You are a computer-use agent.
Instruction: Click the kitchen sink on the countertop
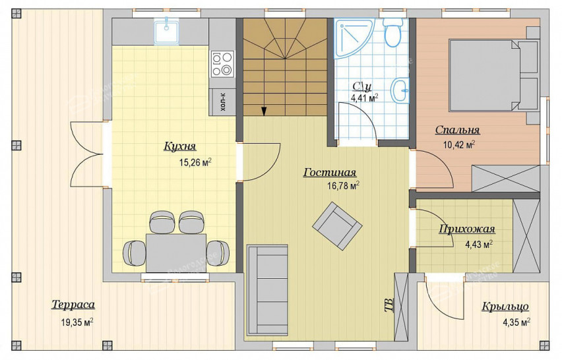pyautogui.click(x=167, y=32)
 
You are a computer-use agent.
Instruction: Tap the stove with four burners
pyautogui.click(x=222, y=64)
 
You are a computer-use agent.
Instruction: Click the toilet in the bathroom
pyautogui.click(x=393, y=32)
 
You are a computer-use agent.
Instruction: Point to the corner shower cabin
pyautogui.click(x=352, y=38)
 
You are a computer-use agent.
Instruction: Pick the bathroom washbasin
pyautogui.click(x=400, y=90)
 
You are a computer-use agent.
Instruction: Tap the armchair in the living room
pyautogui.click(x=337, y=226)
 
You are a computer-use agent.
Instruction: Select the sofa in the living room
pyautogui.click(x=267, y=290)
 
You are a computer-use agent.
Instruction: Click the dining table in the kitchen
pyautogui.click(x=176, y=253)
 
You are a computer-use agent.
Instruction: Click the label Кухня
pyautogui.click(x=180, y=146)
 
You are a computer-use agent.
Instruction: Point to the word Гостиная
pyautogui.click(x=330, y=172)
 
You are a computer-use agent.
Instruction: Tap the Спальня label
pyautogui.click(x=457, y=130)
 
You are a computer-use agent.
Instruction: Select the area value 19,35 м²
pyautogui.click(x=77, y=322)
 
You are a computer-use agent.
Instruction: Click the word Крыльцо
pyautogui.click(x=505, y=307)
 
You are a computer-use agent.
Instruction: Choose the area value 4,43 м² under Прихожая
pyautogui.click(x=478, y=245)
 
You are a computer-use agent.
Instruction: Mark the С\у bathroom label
pyautogui.click(x=362, y=86)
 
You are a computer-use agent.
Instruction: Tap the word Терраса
pyautogui.click(x=73, y=305)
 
